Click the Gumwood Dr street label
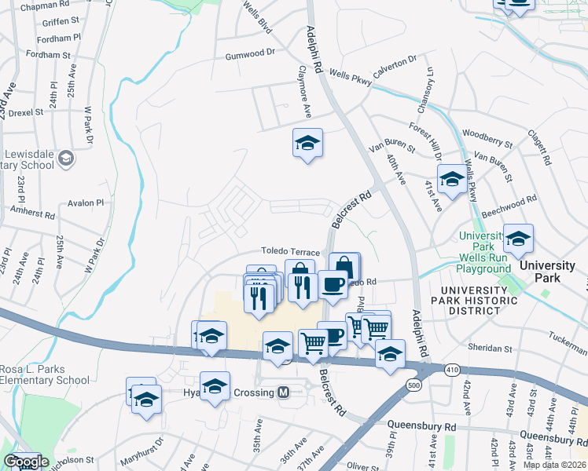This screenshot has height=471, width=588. [x=250, y=53]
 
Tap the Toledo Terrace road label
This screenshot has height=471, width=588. [x=291, y=252]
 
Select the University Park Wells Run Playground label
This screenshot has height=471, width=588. [x=484, y=252]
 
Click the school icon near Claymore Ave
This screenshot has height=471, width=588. [x=307, y=144]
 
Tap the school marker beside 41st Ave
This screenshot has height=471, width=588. [x=451, y=180]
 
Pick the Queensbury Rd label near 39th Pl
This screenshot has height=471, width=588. [x=421, y=426]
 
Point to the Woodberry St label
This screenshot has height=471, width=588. [x=488, y=139]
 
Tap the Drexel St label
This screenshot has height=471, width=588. [x=26, y=112]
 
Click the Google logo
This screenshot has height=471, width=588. [x=25, y=462]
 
